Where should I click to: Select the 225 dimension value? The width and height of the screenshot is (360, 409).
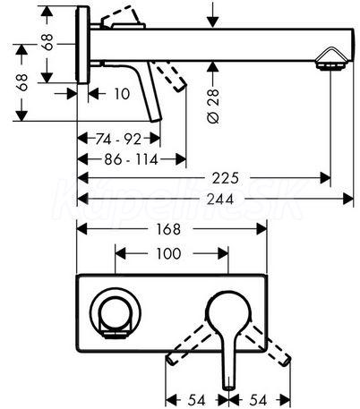(x=226, y=178)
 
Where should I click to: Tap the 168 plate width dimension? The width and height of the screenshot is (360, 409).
(x=168, y=229)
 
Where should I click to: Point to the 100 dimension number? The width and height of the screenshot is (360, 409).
(x=168, y=253)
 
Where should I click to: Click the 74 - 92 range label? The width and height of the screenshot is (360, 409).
(x=118, y=139)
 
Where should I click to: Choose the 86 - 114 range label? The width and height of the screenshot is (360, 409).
(x=131, y=159)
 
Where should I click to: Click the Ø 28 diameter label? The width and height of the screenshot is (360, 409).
(x=213, y=106)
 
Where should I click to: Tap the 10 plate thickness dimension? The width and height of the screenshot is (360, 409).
(x=122, y=94)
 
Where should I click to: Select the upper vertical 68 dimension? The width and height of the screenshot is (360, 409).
(x=47, y=42)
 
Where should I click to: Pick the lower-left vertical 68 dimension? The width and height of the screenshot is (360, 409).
(x=22, y=82)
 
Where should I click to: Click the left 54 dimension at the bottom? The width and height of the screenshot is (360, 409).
(x=197, y=400)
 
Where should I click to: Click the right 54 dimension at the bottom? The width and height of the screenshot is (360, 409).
(x=258, y=400)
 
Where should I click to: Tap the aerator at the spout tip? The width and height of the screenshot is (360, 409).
(x=330, y=60)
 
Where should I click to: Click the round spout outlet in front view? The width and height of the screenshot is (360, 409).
(x=115, y=313)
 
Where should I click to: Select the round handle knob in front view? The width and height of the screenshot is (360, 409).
(x=228, y=310)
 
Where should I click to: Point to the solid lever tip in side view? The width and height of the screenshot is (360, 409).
(x=156, y=119)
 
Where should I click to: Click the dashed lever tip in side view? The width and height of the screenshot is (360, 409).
(x=181, y=87)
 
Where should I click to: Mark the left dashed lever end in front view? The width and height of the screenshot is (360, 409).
(x=171, y=359)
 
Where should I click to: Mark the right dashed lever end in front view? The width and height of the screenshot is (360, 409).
(x=286, y=360)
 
